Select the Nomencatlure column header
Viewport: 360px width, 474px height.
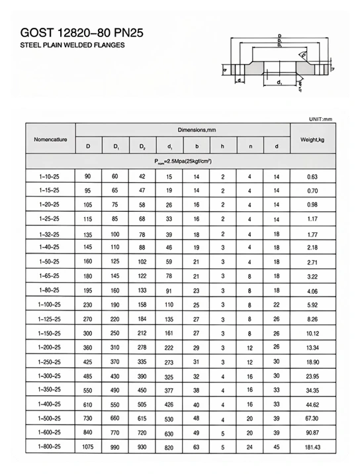point(51,140)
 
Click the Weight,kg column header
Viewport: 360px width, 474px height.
point(312,140)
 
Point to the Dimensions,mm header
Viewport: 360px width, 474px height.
point(183,131)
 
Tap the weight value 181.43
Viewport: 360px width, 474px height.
point(312,448)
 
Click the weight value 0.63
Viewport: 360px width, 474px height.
point(312,177)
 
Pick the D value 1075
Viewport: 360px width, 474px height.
point(88,448)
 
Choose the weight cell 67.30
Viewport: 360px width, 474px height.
point(312,419)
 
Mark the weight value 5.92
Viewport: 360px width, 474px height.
point(312,305)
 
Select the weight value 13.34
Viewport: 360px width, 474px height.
point(312,348)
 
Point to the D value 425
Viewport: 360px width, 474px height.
point(88,362)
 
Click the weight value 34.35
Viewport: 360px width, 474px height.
point(312,391)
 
